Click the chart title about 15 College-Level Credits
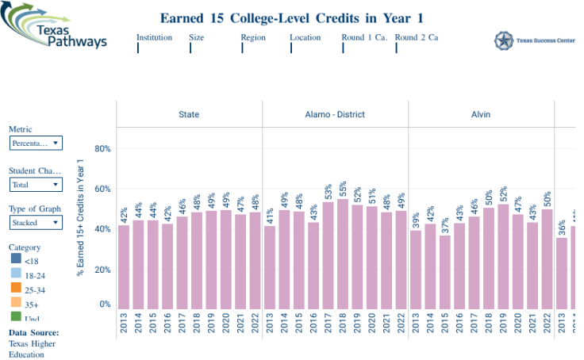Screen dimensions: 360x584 [292, 17]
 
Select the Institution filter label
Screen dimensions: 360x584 [154, 37]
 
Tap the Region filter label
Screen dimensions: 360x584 [253, 37]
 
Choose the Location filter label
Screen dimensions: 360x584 [305, 37]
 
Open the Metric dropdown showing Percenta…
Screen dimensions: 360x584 [36, 144]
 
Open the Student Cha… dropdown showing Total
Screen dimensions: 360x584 [36, 185]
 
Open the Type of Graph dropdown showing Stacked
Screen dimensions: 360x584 [36, 223]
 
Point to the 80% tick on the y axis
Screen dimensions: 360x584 [102, 148]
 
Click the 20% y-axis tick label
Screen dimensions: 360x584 [102, 270]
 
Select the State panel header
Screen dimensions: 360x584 [189, 114]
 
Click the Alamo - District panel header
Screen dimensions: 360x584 [335, 114]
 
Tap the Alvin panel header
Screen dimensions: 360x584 [480, 114]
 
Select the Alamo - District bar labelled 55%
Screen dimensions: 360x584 [343, 254]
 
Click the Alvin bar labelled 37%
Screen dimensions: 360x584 [444, 272]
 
